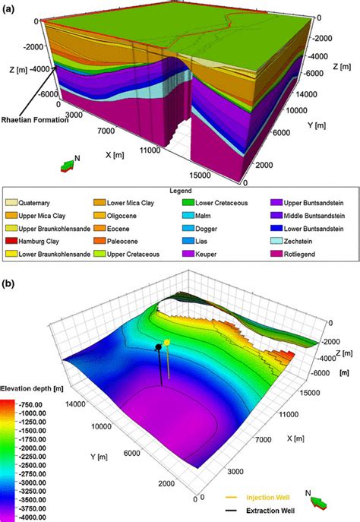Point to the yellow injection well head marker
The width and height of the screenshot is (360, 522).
pos(166,342)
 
